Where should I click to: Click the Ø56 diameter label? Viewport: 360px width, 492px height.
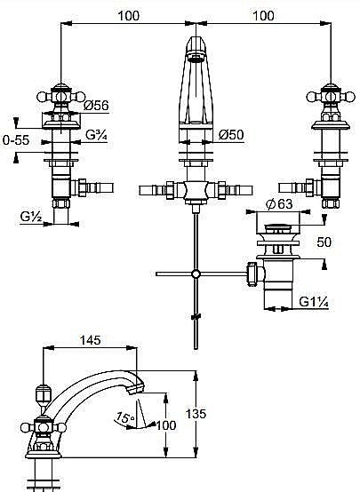tap(96, 106)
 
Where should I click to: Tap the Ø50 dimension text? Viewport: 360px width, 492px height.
tap(231, 135)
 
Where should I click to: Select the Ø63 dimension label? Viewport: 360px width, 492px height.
tap(279, 204)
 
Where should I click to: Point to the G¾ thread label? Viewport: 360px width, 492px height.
tap(96, 135)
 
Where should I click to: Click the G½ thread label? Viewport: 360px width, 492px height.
tap(31, 217)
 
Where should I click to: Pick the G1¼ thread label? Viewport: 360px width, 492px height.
tap(314, 302)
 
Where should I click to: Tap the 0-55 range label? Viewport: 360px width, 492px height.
tap(16, 140)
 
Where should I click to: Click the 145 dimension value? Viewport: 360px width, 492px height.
tap(90, 340)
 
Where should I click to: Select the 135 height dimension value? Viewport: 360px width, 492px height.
tap(196, 414)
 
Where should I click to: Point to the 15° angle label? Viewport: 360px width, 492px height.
tap(124, 418)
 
